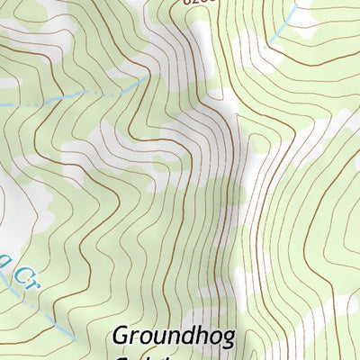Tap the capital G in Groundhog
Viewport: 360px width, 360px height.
121,336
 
